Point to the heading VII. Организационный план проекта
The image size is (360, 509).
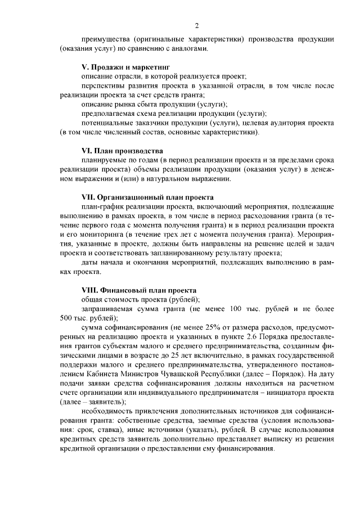tap(147, 197)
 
